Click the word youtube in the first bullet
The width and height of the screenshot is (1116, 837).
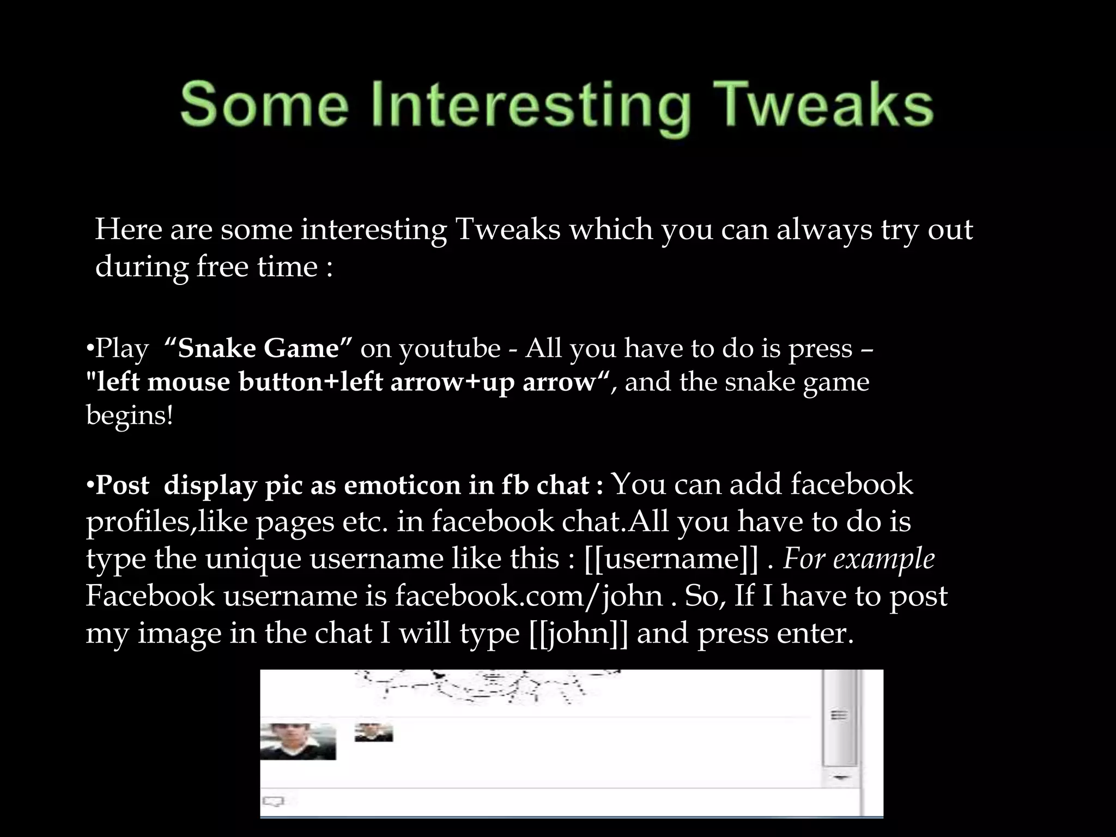[x=449, y=349]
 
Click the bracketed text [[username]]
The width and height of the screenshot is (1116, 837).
[x=671, y=559]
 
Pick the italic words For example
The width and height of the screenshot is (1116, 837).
[x=859, y=559]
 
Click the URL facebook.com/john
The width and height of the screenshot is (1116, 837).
[x=529, y=596]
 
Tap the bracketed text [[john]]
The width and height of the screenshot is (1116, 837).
[x=578, y=633]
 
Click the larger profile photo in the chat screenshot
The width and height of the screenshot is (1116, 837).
[x=298, y=741]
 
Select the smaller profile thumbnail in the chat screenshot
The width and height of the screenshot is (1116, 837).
[x=374, y=732]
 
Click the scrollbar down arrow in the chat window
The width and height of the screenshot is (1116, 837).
[x=840, y=778]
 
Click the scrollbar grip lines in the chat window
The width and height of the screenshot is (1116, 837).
[x=839, y=715]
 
